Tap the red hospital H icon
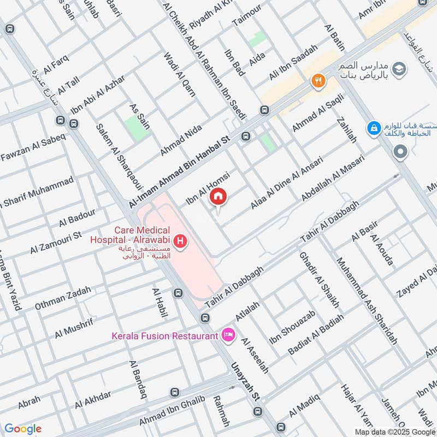pyautogui.click(x=179, y=240)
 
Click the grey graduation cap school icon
pyautogui.click(x=400, y=68)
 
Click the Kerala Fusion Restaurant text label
pyautogui.click(x=164, y=335)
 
